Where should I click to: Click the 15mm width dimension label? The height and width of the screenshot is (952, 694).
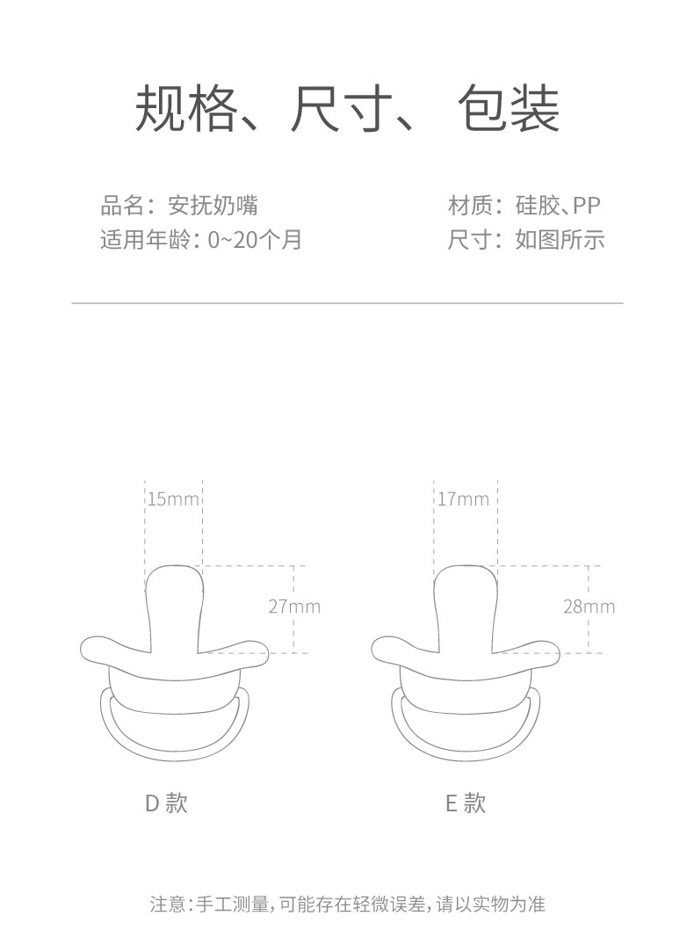click(x=173, y=499)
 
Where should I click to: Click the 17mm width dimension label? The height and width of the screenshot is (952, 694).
click(x=463, y=499)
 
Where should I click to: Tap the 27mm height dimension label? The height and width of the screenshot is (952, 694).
click(x=294, y=607)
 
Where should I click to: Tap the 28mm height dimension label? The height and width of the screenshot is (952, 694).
click(x=589, y=607)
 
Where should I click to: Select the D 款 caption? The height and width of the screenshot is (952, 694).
click(x=166, y=803)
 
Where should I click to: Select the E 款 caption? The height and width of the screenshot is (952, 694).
click(x=465, y=803)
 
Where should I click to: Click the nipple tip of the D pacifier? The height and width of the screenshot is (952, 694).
click(x=174, y=580)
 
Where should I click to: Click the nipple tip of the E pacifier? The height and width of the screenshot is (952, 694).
click(x=466, y=580)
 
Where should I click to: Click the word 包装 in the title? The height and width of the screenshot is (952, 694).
click(x=509, y=111)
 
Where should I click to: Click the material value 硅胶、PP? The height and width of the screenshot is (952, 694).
click(x=558, y=207)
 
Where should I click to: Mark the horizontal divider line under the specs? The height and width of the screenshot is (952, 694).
click(x=347, y=303)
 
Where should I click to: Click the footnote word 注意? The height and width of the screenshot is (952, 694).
click(x=166, y=904)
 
